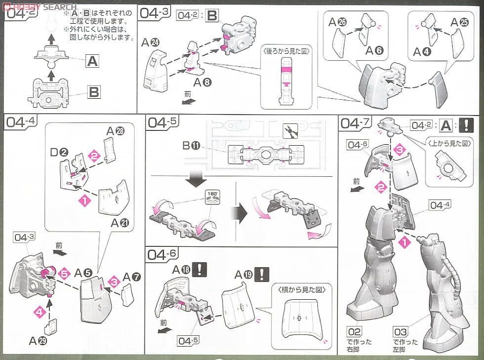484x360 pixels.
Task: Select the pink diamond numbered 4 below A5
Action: [x=37, y=311]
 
